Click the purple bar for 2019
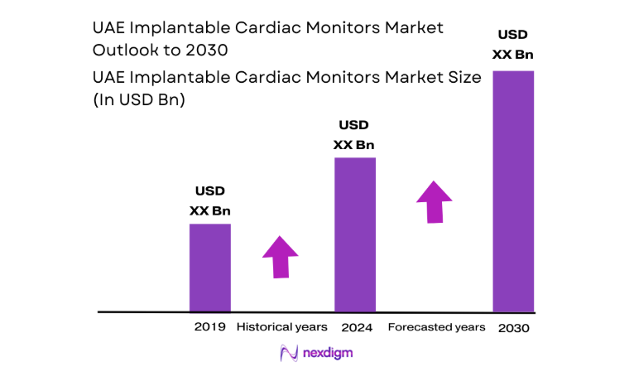coord(210,268)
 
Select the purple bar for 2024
coord(355,234)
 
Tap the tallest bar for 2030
coord(513,191)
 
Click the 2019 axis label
coord(210,326)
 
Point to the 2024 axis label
coord(355,326)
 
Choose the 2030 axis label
coord(514,328)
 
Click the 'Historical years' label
coord(282,326)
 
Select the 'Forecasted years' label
coord(436,326)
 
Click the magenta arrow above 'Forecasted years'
coord(434,201)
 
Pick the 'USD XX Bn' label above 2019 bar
coord(210,201)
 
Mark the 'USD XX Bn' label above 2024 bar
coord(354,135)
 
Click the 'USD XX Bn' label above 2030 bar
coord(514,45)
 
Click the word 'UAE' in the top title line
coord(109,27)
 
